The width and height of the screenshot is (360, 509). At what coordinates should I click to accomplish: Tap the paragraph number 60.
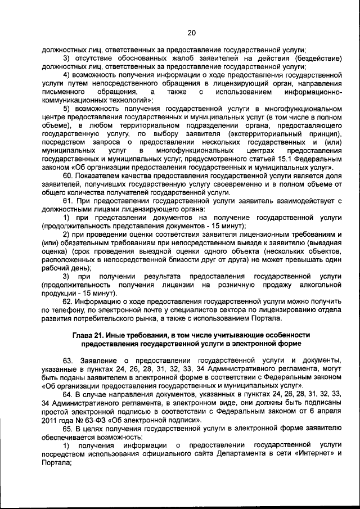tap(69, 175)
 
